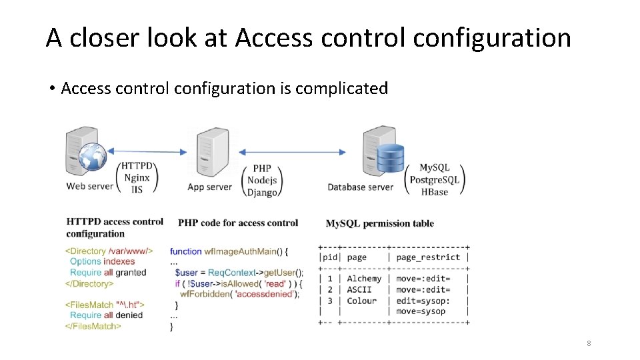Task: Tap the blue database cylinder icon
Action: click(391, 158)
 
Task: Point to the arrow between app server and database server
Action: click(293, 152)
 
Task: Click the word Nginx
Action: click(137, 177)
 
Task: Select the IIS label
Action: click(137, 189)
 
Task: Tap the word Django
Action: click(262, 192)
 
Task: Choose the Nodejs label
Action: click(262, 180)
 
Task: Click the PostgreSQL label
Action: click(435, 180)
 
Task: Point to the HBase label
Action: click(435, 192)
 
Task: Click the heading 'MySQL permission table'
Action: click(379, 223)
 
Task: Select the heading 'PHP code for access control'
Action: click(238, 223)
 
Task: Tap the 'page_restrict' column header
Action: click(428, 257)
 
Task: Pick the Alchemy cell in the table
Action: click(364, 279)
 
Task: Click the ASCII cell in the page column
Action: click(359, 290)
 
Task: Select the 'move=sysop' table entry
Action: click(421, 311)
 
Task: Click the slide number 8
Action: click(589, 343)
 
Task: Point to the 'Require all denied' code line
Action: click(107, 315)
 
